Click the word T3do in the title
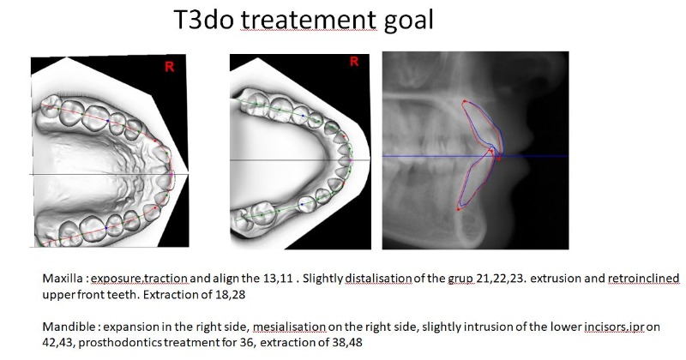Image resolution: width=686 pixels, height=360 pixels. point(203,20)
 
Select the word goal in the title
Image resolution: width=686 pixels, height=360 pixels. point(409,21)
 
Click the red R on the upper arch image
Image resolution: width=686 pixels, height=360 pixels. point(169,67)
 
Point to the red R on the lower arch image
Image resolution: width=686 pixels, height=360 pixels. point(354,61)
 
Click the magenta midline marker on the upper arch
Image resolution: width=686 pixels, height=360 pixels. point(172,174)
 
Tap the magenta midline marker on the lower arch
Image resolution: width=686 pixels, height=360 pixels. point(351,161)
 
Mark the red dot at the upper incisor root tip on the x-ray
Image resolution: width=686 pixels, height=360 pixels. point(464,101)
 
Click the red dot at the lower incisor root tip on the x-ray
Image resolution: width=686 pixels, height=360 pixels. point(459,209)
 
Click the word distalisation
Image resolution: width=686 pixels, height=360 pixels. point(378,279)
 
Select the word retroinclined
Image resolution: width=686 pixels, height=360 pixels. point(643,279)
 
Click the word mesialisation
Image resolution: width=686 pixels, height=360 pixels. point(289,327)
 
